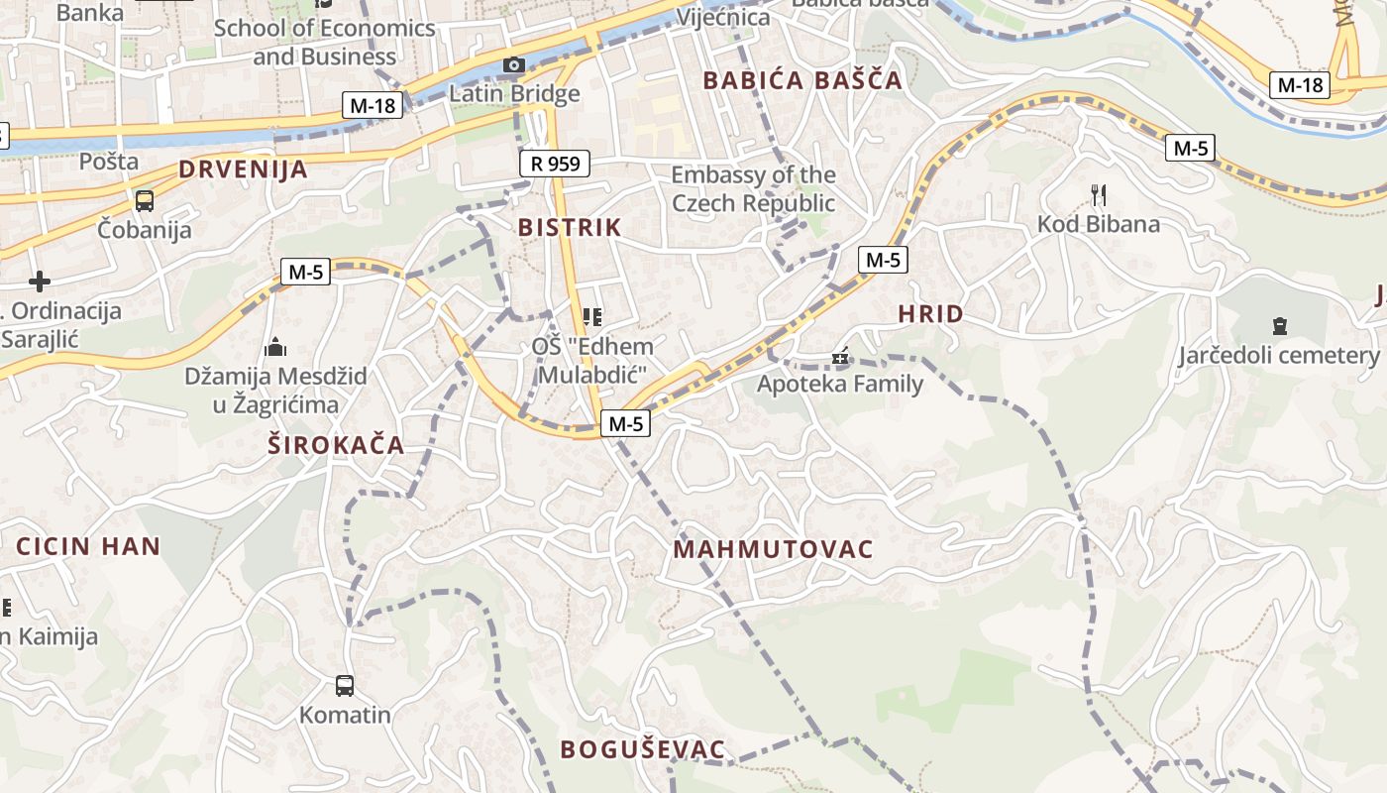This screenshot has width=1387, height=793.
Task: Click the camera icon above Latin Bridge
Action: (513, 65)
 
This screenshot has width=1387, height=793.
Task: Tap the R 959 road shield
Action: (555, 164)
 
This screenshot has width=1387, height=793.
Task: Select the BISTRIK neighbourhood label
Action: (570, 227)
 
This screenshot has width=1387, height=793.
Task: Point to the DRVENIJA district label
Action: (243, 170)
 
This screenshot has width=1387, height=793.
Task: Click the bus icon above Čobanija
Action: (145, 201)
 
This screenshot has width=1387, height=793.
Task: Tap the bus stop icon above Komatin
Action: (345, 685)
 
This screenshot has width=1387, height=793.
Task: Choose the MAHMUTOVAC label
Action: (773, 549)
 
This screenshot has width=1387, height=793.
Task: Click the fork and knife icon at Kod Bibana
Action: (1098, 194)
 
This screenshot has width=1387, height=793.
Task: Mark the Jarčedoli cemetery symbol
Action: (1279, 325)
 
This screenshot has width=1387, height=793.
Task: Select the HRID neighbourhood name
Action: (930, 314)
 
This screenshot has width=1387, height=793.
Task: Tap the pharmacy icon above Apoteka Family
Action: (841, 357)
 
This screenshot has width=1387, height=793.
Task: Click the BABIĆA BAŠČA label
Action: (802, 80)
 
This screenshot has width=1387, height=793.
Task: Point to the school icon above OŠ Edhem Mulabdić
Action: (592, 317)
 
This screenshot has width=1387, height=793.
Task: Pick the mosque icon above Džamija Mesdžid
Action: (275, 347)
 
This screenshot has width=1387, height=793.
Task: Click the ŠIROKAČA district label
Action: (336, 445)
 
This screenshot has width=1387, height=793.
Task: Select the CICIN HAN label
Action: (88, 546)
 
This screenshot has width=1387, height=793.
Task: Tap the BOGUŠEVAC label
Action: (643, 749)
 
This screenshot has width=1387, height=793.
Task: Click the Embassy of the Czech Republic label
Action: (753, 189)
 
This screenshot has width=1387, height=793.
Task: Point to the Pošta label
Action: (109, 161)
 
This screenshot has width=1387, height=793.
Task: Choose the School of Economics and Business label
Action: (324, 42)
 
